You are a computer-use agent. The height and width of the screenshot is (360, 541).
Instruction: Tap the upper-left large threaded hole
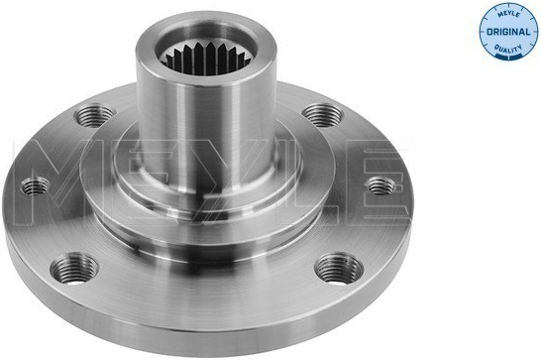[x=94, y=115]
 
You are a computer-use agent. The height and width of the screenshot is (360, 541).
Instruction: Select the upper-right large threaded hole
[x=322, y=114]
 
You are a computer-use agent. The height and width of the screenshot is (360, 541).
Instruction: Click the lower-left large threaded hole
[x=74, y=269]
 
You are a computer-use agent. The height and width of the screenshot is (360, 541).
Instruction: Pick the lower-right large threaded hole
[x=339, y=269]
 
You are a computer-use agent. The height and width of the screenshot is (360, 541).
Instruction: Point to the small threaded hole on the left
[x=36, y=186]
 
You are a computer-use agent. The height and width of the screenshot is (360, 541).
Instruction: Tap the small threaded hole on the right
[x=379, y=186]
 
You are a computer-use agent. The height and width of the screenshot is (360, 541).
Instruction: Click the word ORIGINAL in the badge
[x=508, y=32]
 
